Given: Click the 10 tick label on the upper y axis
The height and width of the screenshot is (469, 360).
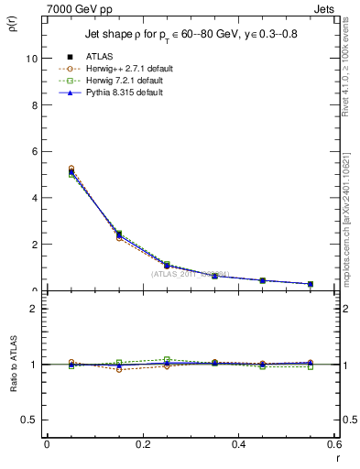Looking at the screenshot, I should [32, 58].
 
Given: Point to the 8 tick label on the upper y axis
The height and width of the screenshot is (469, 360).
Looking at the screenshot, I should [35, 104].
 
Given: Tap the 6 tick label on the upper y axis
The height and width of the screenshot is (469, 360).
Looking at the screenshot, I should [35, 151].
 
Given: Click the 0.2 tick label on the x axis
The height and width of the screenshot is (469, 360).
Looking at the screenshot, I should [142, 444].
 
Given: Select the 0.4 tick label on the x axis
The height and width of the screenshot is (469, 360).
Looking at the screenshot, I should [238, 444].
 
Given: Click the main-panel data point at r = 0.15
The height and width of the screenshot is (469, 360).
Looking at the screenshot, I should [119, 235].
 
